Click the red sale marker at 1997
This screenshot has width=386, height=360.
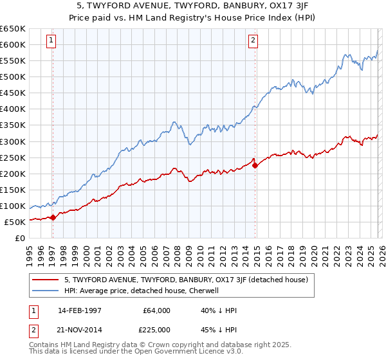click(53, 217)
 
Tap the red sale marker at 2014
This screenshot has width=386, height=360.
click(255, 165)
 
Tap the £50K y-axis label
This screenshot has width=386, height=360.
click(15, 222)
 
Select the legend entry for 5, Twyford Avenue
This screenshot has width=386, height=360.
click(186, 280)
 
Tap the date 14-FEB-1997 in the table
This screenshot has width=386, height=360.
click(80, 310)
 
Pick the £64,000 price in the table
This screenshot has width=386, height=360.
click(157, 310)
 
